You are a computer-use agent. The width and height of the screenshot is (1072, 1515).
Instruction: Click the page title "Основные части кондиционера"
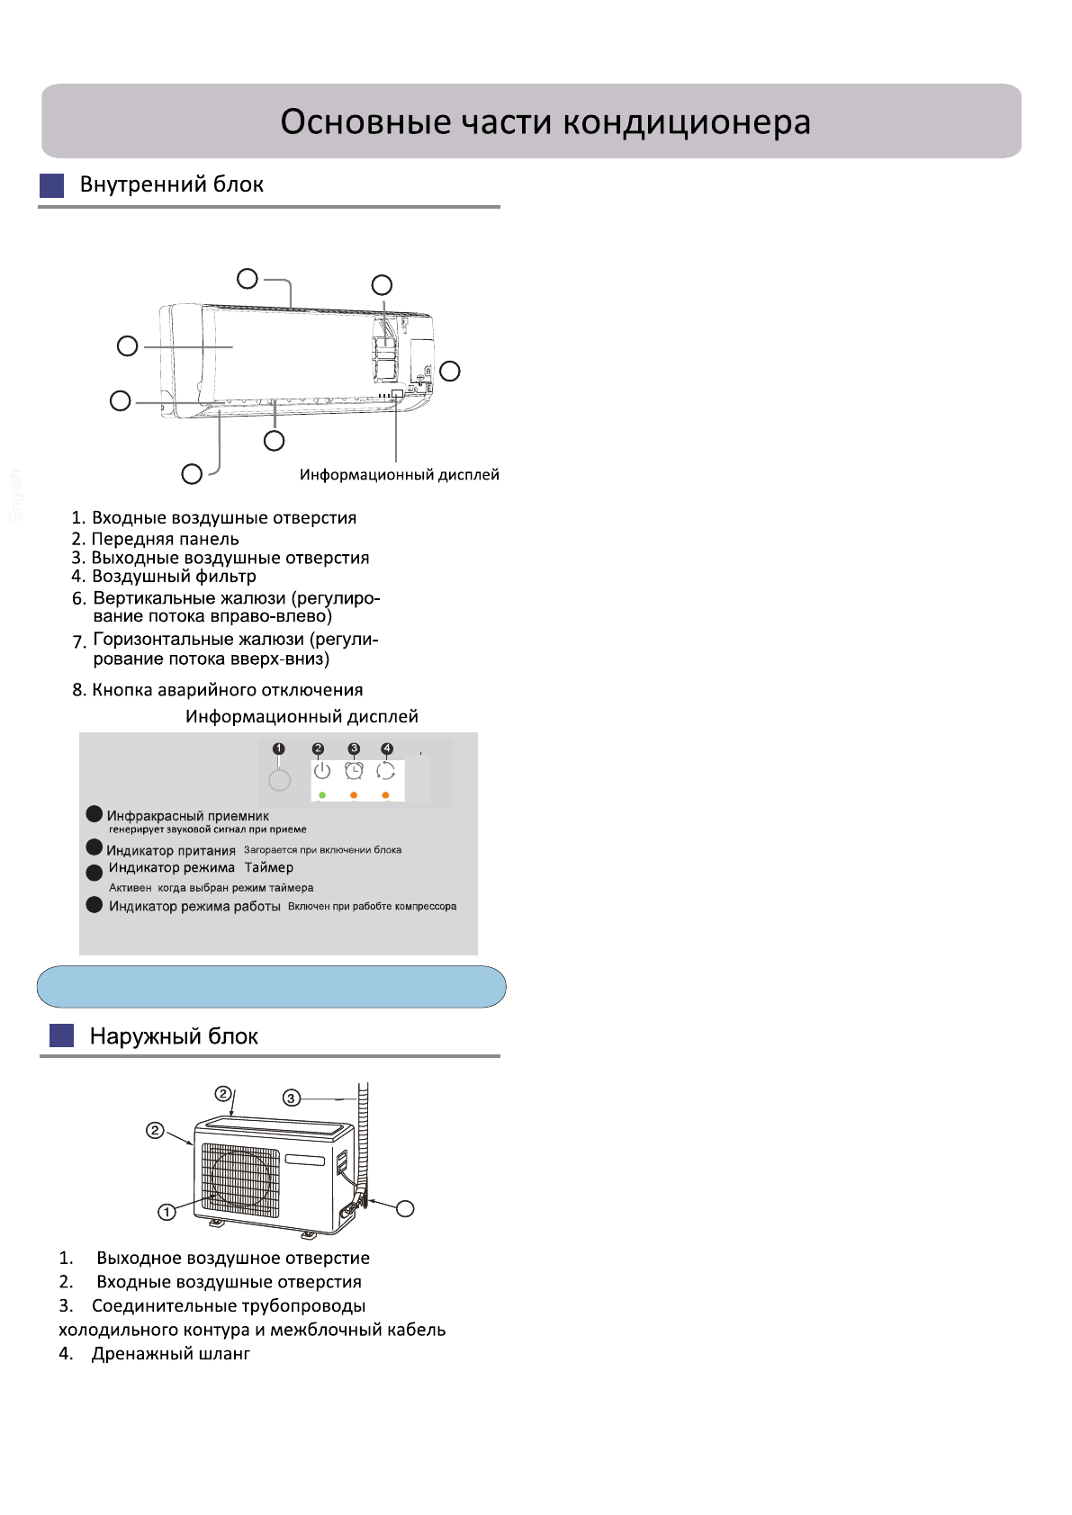click(x=545, y=121)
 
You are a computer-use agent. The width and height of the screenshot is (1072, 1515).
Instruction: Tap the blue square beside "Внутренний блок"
click(x=52, y=185)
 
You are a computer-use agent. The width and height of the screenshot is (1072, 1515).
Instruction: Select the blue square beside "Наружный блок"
click(x=61, y=1035)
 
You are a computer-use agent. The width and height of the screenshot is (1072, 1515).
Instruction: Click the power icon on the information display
click(x=321, y=771)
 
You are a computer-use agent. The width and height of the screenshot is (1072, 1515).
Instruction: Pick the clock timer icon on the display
click(x=354, y=771)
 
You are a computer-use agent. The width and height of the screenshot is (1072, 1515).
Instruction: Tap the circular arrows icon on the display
click(x=386, y=771)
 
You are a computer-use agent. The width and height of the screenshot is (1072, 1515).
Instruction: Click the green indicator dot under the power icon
click(x=321, y=795)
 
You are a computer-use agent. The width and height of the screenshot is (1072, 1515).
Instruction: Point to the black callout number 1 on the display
click(x=279, y=749)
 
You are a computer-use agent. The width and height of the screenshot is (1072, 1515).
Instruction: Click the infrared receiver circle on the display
click(x=280, y=780)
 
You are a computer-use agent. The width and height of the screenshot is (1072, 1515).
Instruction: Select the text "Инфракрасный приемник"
click(x=187, y=816)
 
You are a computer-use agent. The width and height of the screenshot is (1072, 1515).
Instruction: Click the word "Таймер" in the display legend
click(x=268, y=867)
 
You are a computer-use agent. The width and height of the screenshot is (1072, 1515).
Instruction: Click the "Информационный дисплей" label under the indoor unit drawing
click(x=399, y=475)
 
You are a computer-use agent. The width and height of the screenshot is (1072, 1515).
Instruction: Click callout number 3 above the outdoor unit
click(x=291, y=1098)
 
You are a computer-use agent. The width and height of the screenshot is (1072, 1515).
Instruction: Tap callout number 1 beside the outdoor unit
click(x=167, y=1212)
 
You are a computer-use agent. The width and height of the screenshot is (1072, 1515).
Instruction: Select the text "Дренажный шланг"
click(x=170, y=1353)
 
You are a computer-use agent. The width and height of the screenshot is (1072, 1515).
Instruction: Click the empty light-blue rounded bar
click(x=271, y=987)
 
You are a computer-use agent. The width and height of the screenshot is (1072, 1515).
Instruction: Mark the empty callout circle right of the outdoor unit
click(x=406, y=1208)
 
